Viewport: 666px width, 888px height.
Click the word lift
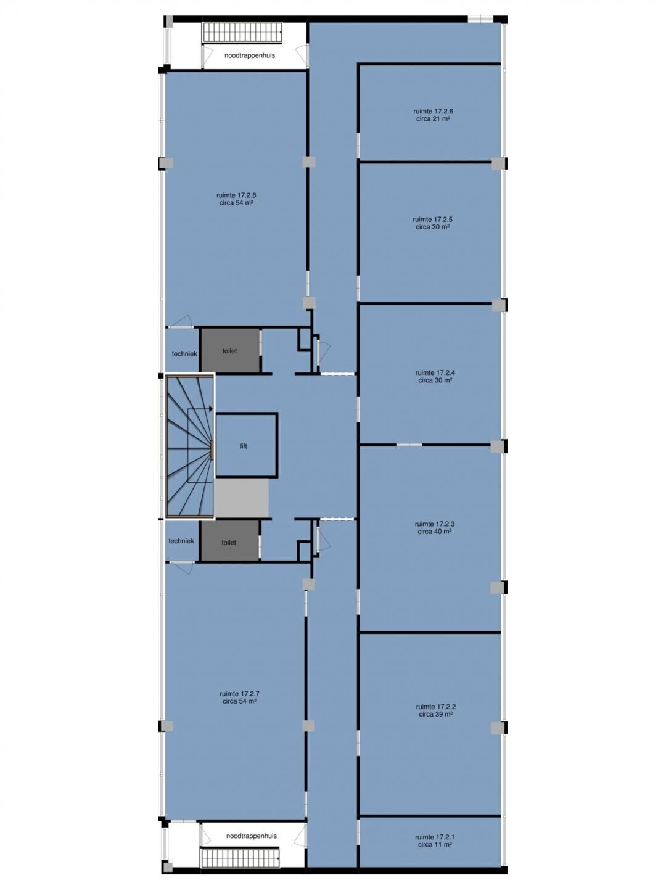tap(244, 446)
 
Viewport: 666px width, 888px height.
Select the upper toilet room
tap(229, 350)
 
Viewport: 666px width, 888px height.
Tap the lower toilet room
tap(229, 540)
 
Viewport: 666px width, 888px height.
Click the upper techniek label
tap(184, 354)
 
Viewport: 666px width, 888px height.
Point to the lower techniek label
tap(181, 541)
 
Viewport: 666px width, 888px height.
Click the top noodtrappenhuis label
tap(250, 55)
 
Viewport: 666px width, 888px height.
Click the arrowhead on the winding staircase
tap(211, 409)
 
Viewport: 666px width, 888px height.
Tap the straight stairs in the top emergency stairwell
tap(243, 32)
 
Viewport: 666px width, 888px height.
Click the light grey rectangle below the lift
tap(241, 498)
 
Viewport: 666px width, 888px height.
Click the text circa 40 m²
tap(435, 532)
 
